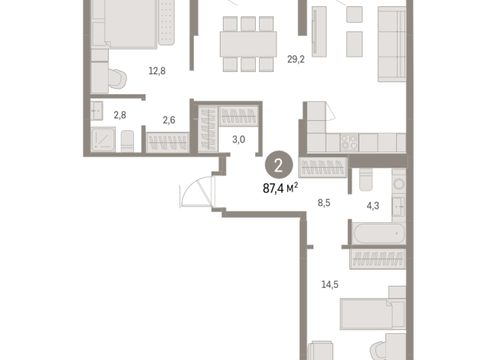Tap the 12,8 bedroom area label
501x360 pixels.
[x=157, y=71]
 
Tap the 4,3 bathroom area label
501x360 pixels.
[x=373, y=205]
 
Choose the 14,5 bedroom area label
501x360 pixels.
[x=330, y=284]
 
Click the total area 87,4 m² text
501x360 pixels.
[x=280, y=188]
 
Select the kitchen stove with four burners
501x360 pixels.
[x=349, y=142]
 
